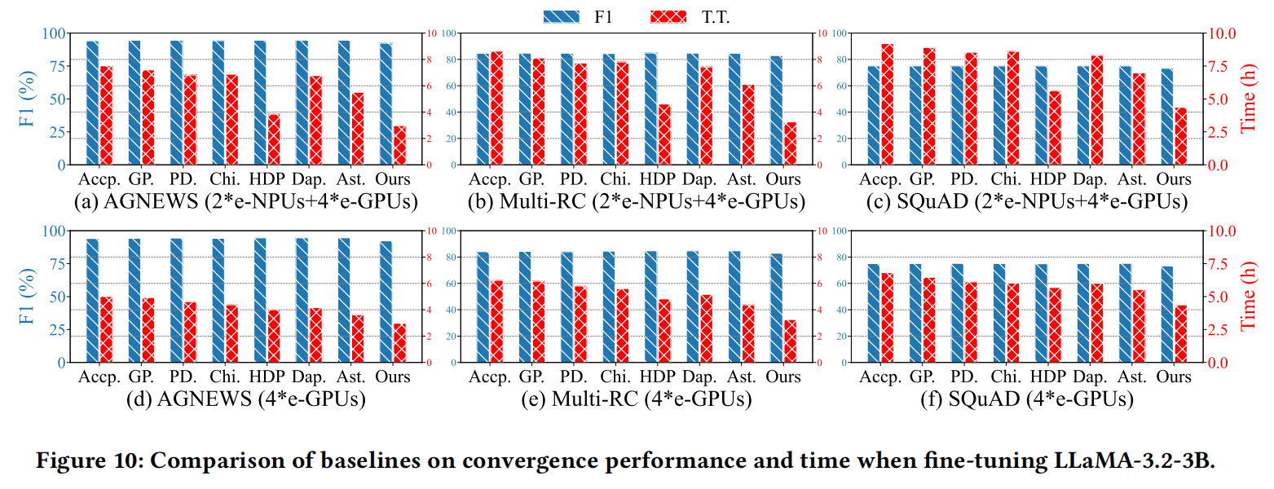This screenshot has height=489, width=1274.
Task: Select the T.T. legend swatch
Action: [670, 16]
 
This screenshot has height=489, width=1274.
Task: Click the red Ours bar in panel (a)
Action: [399, 145]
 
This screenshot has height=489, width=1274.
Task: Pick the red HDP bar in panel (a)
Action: [274, 139]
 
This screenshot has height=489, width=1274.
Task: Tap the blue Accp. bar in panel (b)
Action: [483, 109]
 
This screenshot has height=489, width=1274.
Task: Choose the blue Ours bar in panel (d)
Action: [386, 302]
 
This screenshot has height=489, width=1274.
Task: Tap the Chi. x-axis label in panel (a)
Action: [224, 179]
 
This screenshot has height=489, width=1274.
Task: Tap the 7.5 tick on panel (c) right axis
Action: [1219, 66]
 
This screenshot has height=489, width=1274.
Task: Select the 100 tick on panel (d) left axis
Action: [53, 231]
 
